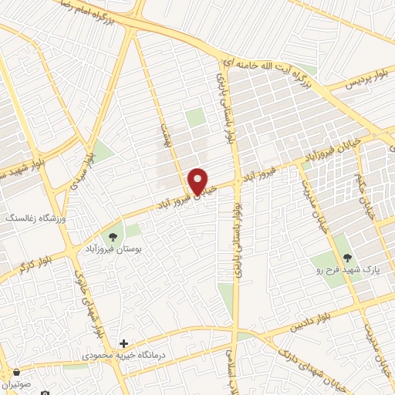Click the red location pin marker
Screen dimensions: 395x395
pos(199,181)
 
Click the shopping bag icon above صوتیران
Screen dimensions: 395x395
pos(15,372)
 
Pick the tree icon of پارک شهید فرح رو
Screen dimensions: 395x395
pos(344,257)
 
